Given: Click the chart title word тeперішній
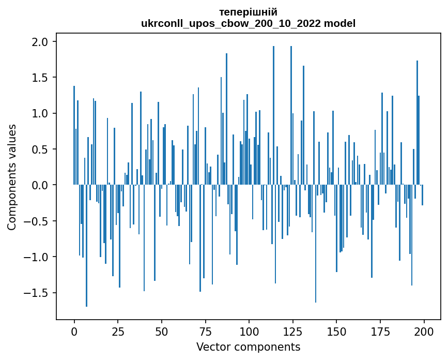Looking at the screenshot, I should click(x=248, y=12).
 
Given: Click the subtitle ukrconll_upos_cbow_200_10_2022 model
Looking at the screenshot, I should click(x=248, y=23).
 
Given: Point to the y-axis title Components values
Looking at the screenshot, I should click(x=12, y=177).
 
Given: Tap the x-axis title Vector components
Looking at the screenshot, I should click(x=248, y=347).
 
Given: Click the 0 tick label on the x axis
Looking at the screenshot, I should click(x=74, y=331).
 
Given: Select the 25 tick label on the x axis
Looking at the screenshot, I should click(x=118, y=331).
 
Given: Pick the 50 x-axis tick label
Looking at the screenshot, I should click(x=162, y=331).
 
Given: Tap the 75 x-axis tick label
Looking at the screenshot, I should click(x=206, y=331).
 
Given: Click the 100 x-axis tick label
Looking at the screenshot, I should click(x=249, y=331).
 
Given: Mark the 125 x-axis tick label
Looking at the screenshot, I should click(x=293, y=331).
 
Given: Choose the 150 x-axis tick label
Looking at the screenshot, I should click(x=336, y=331).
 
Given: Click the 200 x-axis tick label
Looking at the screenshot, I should click(x=424, y=331).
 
